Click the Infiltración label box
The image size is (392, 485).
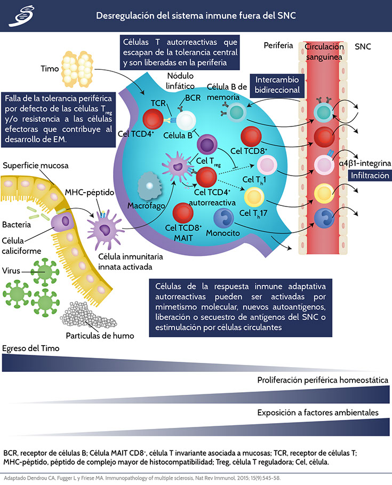(x=370, y=176)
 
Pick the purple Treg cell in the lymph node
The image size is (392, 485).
(x=208, y=144)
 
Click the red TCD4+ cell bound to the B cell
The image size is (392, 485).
(x=155, y=118)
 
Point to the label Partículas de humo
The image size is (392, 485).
(x=100, y=336)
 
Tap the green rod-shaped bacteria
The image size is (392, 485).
(x=37, y=216)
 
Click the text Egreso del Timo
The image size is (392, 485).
(x=30, y=348)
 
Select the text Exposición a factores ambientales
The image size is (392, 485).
(x=318, y=412)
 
